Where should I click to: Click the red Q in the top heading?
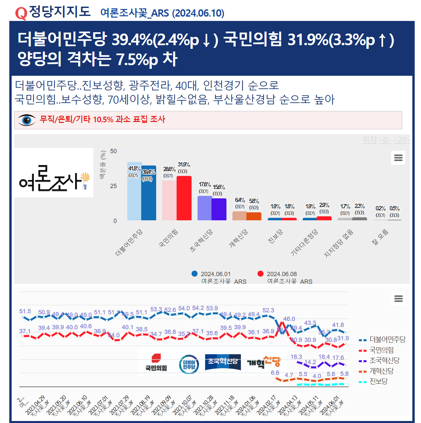tap(21, 13)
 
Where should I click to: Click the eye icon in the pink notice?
tap(27, 120)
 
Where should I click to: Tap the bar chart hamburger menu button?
tap(398, 158)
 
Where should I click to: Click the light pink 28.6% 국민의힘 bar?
tap(169, 200)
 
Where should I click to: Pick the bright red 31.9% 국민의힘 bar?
tap(184, 198)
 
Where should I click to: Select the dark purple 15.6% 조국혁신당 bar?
tap(219, 209)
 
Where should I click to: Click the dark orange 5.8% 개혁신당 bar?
tap(254, 216)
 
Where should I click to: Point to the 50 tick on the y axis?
tap(113, 151)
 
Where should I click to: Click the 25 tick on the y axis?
tap(113, 186)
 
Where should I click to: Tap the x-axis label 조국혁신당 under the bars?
tap(201, 241)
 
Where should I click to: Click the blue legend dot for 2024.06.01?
tap(195, 274)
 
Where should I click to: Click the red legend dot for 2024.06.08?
tap(261, 274)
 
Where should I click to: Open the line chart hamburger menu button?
tap(398, 298)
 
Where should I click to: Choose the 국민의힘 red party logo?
tap(156, 363)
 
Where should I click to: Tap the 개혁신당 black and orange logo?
tap(264, 363)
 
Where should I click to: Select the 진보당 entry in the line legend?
tap(378, 381)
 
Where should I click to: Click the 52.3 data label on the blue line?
tap(268, 310)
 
